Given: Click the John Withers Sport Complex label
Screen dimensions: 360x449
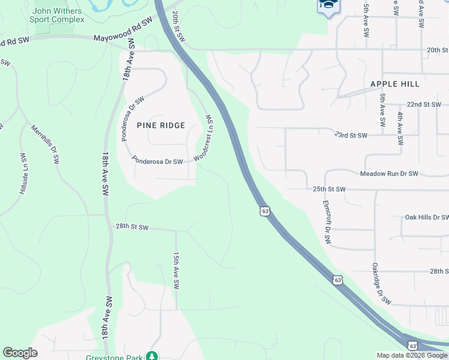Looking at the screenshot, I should pos(58,15).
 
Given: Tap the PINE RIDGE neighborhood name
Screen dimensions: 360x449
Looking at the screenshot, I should pos(161,125).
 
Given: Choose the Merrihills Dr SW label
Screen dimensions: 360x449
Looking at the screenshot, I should pos(46,145).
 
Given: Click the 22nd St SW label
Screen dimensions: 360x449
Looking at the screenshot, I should pos(423,104).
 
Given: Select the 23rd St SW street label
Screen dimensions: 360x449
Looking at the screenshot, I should pos(351,136).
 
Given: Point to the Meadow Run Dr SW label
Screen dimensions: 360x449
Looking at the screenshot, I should pos(388,173).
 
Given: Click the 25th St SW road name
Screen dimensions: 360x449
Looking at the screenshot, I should pos(329,189).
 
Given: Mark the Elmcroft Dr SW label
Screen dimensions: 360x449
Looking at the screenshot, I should pos(327,222).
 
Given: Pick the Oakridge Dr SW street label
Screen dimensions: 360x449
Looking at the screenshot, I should pos(381,283).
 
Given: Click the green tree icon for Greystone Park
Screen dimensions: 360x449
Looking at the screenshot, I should pos(152,356).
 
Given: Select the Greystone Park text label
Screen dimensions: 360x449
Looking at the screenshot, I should pos(122,358).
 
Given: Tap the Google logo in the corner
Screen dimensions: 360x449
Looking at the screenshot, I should pos(20,353).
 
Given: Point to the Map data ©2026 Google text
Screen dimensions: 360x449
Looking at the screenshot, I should pos(411,355).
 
